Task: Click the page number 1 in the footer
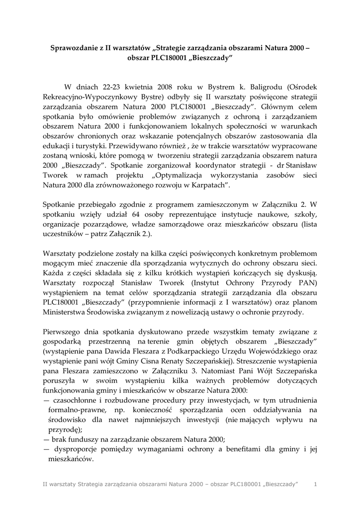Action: (x=315, y=484)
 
